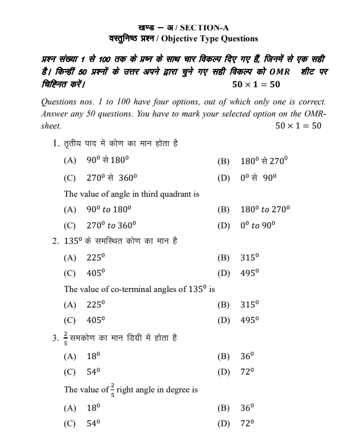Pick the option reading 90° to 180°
[x=109, y=210]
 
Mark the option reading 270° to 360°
[x=112, y=225]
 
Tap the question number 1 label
[x=56, y=143]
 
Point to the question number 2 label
[x=56, y=241]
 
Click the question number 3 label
[x=56, y=338]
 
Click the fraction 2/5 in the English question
[x=112, y=389]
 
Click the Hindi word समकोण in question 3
[x=86, y=338]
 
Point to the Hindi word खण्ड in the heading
[x=147, y=28]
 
